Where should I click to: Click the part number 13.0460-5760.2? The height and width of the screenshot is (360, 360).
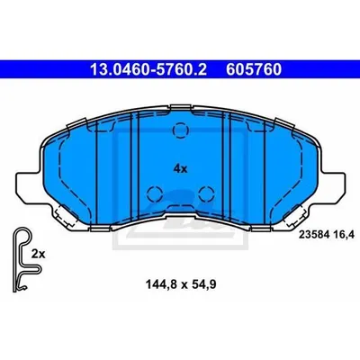[x=148, y=69]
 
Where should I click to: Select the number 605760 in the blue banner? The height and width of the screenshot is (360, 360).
[x=254, y=69]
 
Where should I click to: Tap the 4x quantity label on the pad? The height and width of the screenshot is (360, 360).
[x=180, y=169]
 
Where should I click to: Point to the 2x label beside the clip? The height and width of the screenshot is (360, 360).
[x=38, y=255]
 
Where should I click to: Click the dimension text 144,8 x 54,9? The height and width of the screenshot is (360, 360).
[x=181, y=283]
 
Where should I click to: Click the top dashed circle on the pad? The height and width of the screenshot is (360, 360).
[x=181, y=130]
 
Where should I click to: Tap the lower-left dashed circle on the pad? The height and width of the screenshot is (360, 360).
[x=155, y=193]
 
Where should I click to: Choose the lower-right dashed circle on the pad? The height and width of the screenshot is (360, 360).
[x=206, y=193]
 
